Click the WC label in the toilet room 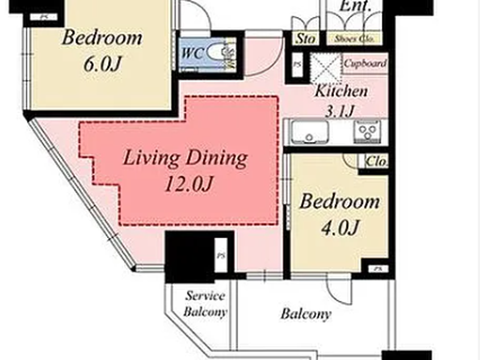pyautogui.click(x=192, y=53)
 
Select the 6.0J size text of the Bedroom pyautogui.click(x=102, y=64)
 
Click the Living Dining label pyautogui.click(x=185, y=158)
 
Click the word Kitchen pyautogui.click(x=341, y=91)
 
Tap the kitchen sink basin pyautogui.click(x=309, y=132)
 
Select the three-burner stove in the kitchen pyautogui.click(x=367, y=132)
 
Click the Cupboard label pyautogui.click(x=365, y=63)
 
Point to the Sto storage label pyautogui.click(x=305, y=38)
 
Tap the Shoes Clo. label pyautogui.click(x=354, y=39)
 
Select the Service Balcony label pyautogui.click(x=205, y=304)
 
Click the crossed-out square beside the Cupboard pyautogui.click(x=326, y=68)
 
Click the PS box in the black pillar pyautogui.click(x=221, y=255)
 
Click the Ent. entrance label pyautogui.click(x=355, y=6)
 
